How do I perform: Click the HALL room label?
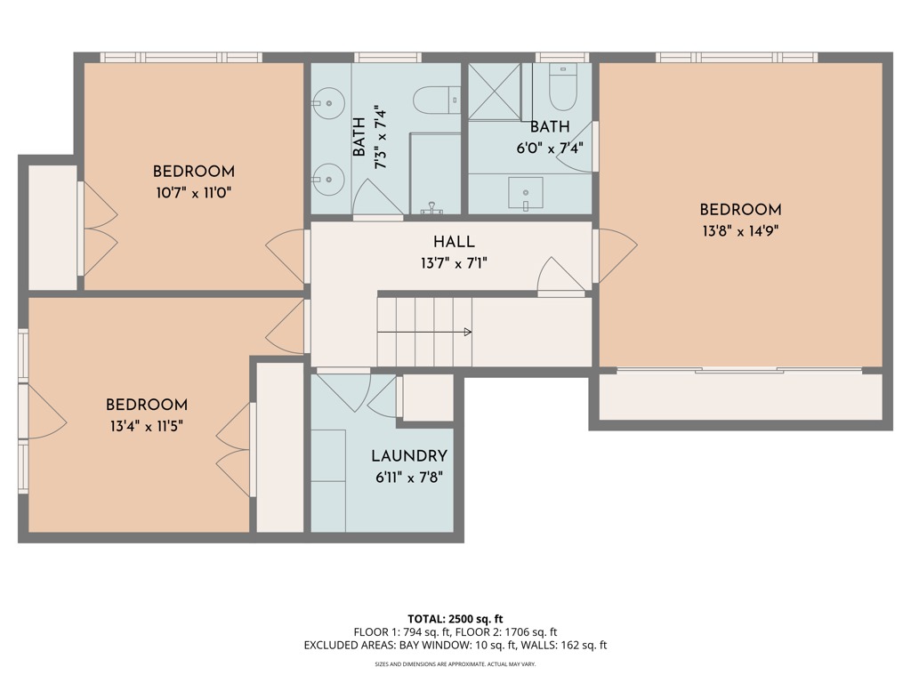pos(454,242)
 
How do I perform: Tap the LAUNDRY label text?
pos(408,456)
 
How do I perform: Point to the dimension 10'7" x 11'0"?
pos(193,192)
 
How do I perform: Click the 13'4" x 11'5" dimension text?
pos(147,426)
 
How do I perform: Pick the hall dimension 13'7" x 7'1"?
pos(454,262)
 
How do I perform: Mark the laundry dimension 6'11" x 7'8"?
pos(408,477)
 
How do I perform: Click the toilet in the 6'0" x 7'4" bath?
pos(563,87)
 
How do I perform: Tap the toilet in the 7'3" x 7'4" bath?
pos(437,99)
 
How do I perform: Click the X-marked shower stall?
pos(494,91)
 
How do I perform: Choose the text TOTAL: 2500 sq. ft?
pos(455,619)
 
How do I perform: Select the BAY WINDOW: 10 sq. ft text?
pos(451,646)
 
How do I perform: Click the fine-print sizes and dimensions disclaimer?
pos(455,664)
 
